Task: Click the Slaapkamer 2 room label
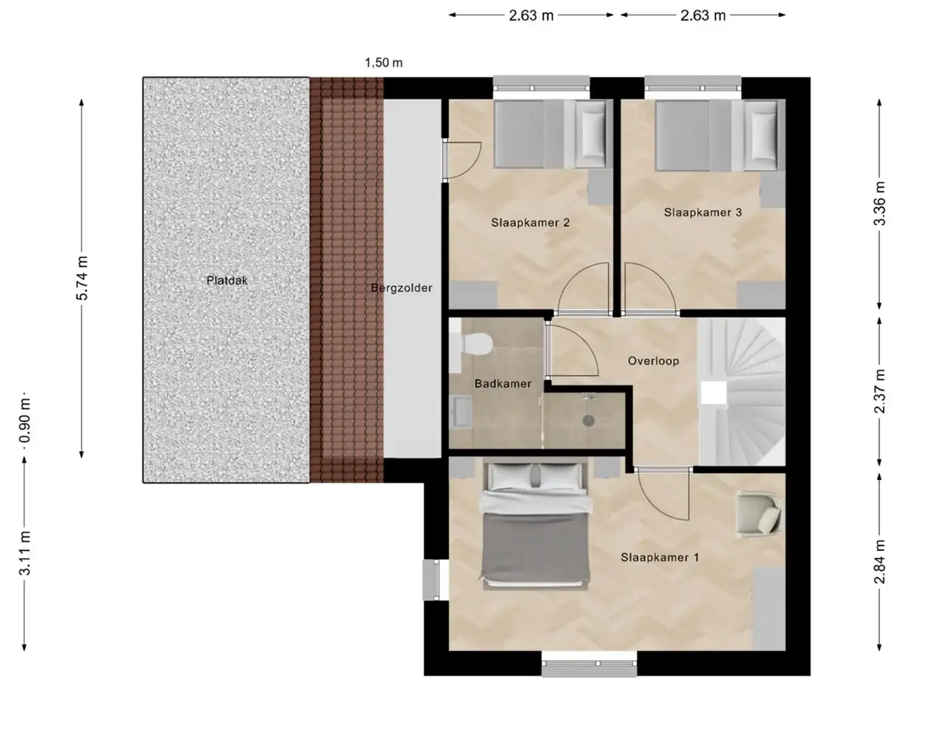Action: [530, 223]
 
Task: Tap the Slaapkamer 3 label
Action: [703, 212]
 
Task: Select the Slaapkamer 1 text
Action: [660, 558]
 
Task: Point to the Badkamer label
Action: [503, 383]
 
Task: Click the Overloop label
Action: [653, 361]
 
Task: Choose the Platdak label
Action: [227, 281]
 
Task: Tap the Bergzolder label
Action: [402, 288]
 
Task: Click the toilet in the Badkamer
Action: [471, 344]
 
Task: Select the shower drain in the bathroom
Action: [588, 421]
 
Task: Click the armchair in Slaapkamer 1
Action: [759, 515]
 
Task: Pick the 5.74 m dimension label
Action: [82, 278]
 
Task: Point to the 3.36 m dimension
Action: [880, 203]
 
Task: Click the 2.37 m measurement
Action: [880, 392]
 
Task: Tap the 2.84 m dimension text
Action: [880, 562]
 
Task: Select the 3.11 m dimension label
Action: [25, 553]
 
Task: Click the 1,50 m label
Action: [383, 63]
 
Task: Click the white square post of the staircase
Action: [714, 393]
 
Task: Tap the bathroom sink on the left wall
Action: [460, 412]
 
